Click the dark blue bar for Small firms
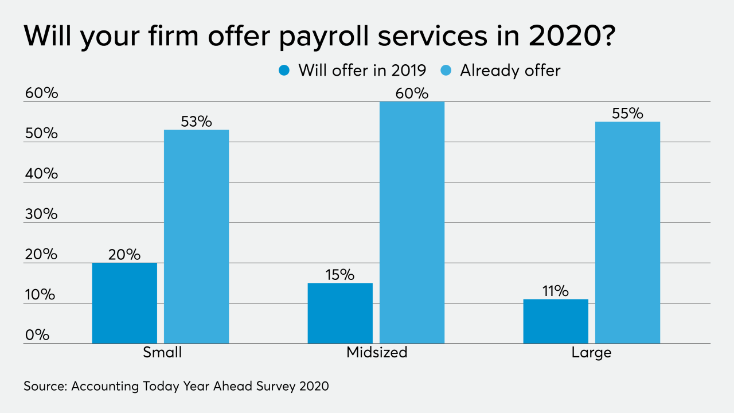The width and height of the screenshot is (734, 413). click(x=124, y=303)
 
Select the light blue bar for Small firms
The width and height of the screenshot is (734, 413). click(x=196, y=236)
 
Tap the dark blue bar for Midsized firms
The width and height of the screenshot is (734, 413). click(x=340, y=313)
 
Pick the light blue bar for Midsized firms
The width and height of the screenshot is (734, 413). click(x=412, y=223)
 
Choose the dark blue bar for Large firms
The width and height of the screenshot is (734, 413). click(x=556, y=321)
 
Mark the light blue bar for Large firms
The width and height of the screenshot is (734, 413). click(x=627, y=232)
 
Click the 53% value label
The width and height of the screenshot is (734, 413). click(x=196, y=122)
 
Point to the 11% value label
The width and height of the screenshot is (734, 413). click(x=555, y=291)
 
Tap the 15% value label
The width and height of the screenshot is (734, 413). click(x=339, y=275)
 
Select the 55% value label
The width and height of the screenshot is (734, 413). click(x=627, y=114)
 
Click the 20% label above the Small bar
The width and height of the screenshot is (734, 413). click(x=124, y=255)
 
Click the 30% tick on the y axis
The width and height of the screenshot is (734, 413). click(x=41, y=214)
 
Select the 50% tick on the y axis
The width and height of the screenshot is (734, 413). click(x=41, y=133)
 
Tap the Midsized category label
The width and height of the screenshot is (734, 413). click(x=377, y=352)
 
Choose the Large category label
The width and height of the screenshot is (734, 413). click(x=591, y=352)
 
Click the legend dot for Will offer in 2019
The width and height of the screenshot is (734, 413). click(x=284, y=71)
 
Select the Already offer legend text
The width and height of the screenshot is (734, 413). click(x=510, y=71)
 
